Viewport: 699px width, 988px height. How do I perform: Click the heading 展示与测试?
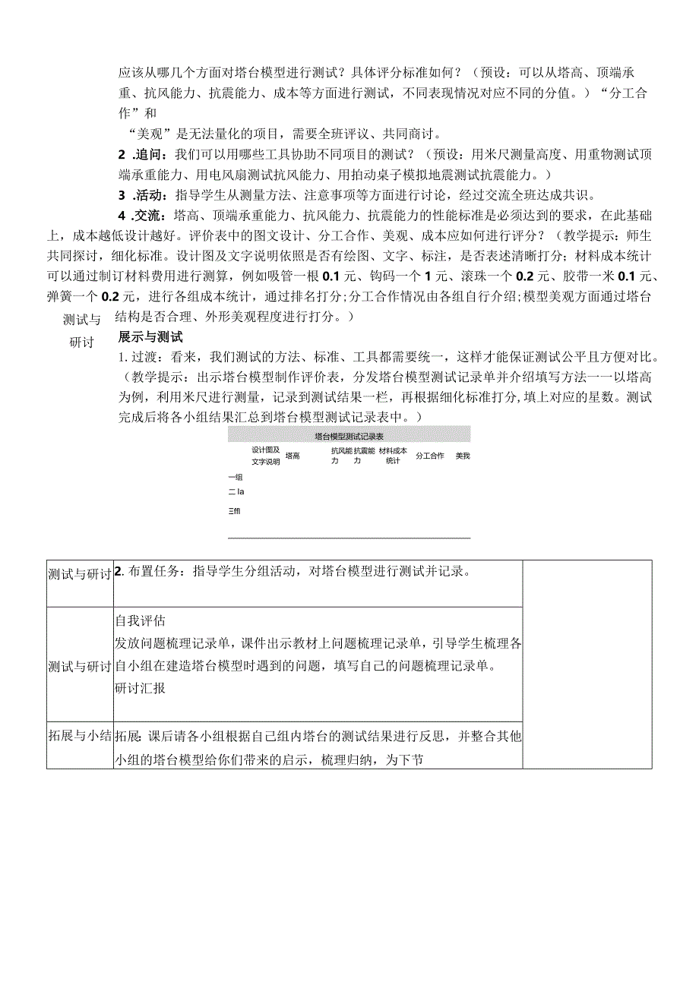pos(150,336)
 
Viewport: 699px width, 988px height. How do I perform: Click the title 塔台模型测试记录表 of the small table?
pos(349,437)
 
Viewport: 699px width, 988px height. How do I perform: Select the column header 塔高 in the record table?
pos(293,456)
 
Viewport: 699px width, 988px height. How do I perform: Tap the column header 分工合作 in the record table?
pos(429,456)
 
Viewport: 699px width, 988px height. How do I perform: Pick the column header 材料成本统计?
pos(393,456)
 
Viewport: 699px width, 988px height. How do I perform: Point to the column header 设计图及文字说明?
pos(266,456)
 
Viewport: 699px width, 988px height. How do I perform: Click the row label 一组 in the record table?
pos(235,477)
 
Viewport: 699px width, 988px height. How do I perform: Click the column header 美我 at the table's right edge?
pos(463,456)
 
